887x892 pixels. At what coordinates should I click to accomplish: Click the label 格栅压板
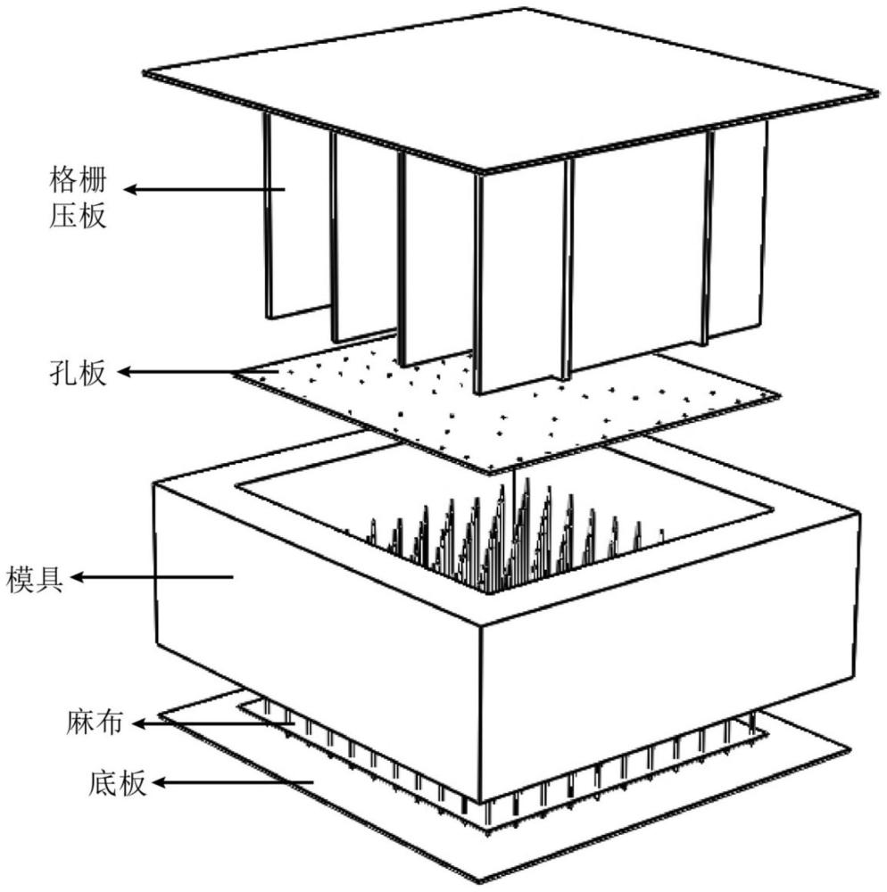(78, 197)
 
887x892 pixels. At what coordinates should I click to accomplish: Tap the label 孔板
(78, 373)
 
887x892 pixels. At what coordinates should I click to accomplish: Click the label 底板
(118, 783)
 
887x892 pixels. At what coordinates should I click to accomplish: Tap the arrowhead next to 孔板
(124, 372)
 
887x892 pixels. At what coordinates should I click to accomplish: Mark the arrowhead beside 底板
(158, 783)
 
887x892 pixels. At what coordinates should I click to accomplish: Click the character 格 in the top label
(63, 180)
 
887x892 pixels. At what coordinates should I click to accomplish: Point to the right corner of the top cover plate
(880, 93)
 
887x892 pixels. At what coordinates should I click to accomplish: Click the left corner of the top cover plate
(144, 73)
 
